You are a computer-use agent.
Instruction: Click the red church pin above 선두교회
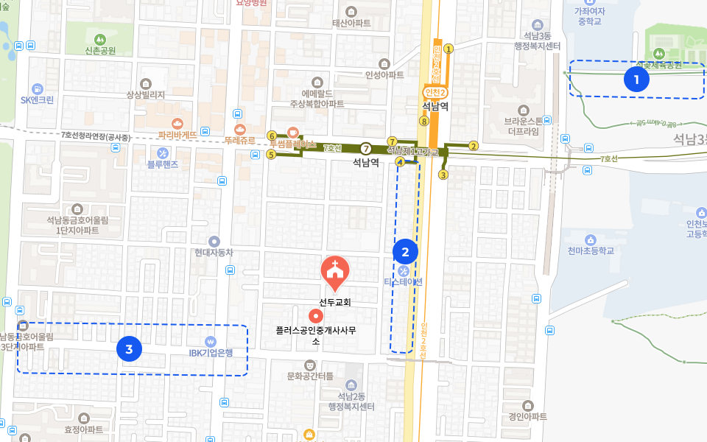click(335, 271)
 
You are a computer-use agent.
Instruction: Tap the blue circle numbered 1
click(636, 80)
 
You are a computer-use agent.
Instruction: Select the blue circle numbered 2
click(405, 253)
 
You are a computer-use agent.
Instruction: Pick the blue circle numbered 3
click(130, 349)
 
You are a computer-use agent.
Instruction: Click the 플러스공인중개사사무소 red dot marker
click(315, 316)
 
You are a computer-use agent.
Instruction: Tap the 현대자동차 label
click(214, 252)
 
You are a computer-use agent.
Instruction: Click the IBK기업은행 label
click(211, 352)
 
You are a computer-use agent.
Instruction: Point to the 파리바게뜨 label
click(177, 135)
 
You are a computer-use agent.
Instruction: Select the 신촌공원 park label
click(100, 51)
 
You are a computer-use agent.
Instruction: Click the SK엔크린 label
click(38, 99)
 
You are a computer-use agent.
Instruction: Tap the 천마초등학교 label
click(590, 250)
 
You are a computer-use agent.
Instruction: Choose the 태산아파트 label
click(351, 23)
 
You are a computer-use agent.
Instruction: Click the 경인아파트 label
click(527, 416)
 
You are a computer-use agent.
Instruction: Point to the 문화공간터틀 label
click(310, 376)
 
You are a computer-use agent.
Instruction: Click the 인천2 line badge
click(435, 93)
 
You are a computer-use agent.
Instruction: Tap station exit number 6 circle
click(272, 136)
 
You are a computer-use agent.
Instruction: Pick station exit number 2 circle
click(474, 145)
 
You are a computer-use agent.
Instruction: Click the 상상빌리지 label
click(146, 94)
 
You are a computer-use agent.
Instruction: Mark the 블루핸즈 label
click(163, 164)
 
